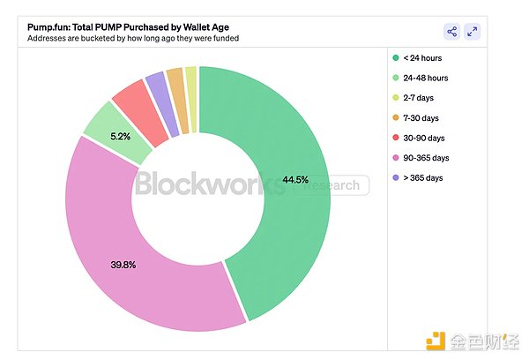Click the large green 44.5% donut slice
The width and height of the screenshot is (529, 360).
tap(291, 194)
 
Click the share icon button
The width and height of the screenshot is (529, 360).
tap(451, 32)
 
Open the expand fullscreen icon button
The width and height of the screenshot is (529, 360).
tap(473, 32)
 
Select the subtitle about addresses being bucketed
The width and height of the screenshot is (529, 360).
tap(132, 39)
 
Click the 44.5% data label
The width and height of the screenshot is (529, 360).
tap(294, 180)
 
